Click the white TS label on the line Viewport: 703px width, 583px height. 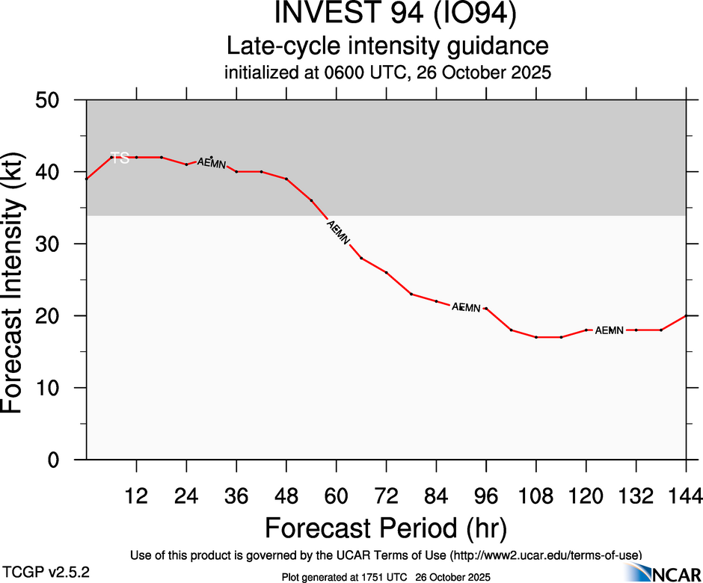[x=120, y=158]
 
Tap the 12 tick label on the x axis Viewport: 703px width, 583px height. [x=136, y=495]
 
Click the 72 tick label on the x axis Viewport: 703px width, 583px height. [x=386, y=495]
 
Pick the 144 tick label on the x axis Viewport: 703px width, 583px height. [x=685, y=495]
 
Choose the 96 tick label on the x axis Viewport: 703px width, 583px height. [x=486, y=495]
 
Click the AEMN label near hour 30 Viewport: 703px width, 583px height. [x=211, y=163]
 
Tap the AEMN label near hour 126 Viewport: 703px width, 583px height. [x=609, y=330]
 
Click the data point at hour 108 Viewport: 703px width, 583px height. [x=536, y=337]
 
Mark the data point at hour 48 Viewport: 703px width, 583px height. [x=286, y=179]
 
